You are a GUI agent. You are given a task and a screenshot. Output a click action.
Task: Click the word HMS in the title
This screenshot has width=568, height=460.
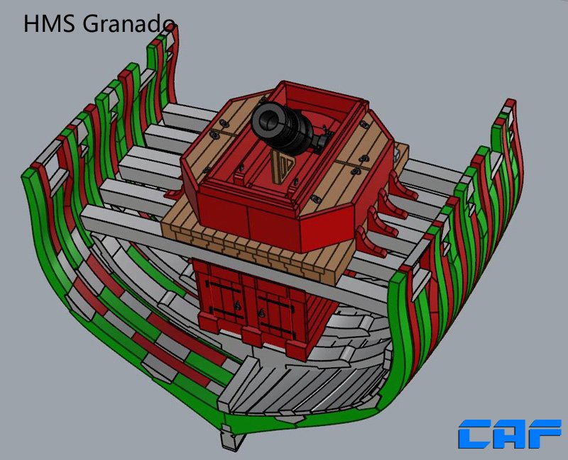coord(49,24)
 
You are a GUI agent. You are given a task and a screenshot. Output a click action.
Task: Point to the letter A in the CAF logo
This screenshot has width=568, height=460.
coord(510,434)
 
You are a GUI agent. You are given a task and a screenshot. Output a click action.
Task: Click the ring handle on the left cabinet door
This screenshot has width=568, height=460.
coord(237,306)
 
